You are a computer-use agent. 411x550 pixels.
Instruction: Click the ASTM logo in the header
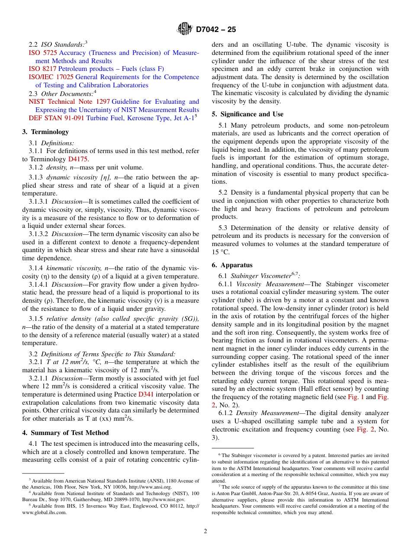(x=185, y=29)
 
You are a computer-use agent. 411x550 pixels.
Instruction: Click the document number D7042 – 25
(x=216, y=30)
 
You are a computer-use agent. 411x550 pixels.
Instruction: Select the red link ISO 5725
(x=42, y=53)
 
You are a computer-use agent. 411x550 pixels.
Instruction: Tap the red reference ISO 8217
(x=42, y=69)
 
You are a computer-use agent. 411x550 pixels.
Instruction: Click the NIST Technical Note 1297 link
(x=69, y=102)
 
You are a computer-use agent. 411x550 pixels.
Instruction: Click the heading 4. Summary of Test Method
(x=65, y=433)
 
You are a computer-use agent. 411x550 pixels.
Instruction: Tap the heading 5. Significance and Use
(x=247, y=114)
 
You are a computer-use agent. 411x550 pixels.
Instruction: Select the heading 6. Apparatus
(x=232, y=265)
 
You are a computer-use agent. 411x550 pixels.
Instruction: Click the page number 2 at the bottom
(x=205, y=531)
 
